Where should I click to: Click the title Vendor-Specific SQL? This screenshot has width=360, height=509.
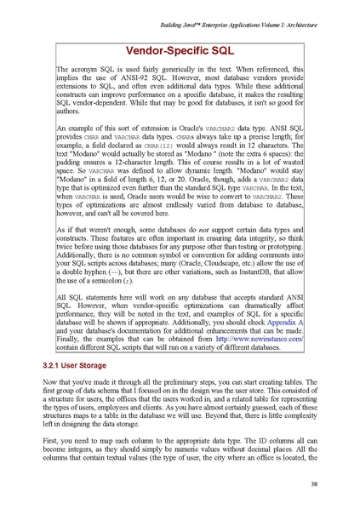point(180,51)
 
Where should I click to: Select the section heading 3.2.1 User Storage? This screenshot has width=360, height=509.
point(81,364)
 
